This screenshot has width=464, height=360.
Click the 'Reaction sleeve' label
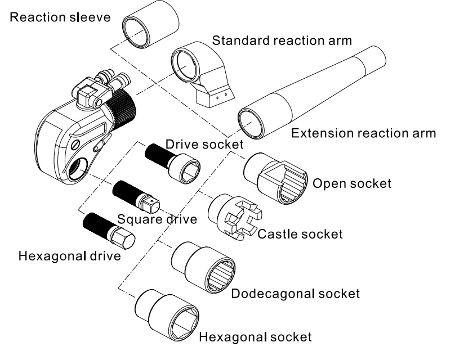[x=60, y=17]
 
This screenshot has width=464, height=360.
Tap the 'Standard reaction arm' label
[x=282, y=40]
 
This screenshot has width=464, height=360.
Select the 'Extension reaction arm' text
[x=364, y=133]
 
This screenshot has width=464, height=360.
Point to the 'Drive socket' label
[x=204, y=144]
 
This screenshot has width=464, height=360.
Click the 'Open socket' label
[x=352, y=183]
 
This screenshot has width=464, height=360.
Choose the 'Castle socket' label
[x=300, y=234]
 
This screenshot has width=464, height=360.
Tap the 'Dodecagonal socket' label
[x=295, y=294]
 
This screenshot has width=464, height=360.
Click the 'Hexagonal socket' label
[x=256, y=337]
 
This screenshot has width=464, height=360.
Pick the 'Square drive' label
[x=157, y=219]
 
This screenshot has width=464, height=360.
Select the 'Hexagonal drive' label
[x=69, y=256]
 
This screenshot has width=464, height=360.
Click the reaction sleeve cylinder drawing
[x=150, y=24]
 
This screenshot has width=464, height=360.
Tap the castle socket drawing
[x=235, y=217]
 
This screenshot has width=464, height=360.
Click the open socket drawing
[x=276, y=178]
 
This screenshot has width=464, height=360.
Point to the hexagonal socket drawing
[x=167, y=315]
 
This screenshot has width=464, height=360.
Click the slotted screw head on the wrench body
[x=76, y=145]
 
